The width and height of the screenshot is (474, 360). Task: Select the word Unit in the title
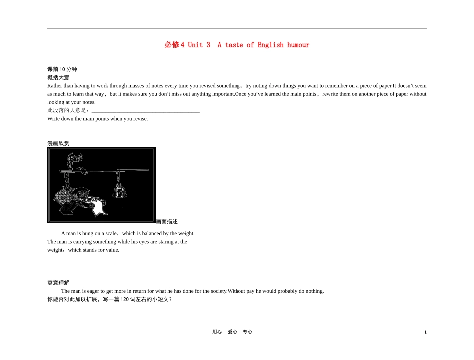click(x=195, y=45)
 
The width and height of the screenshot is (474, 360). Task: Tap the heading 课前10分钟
click(x=62, y=69)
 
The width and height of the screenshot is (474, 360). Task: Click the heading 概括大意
click(x=58, y=77)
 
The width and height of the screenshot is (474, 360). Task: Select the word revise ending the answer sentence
click(x=140, y=119)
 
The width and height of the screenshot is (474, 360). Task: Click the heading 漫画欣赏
click(x=58, y=143)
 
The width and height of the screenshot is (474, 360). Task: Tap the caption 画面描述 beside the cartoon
click(x=167, y=222)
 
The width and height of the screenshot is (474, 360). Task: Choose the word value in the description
click(x=112, y=250)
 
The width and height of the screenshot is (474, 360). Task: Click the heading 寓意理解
click(x=58, y=283)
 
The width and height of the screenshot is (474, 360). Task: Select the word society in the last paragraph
click(x=218, y=291)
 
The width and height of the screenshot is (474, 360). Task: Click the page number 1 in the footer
click(x=425, y=332)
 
